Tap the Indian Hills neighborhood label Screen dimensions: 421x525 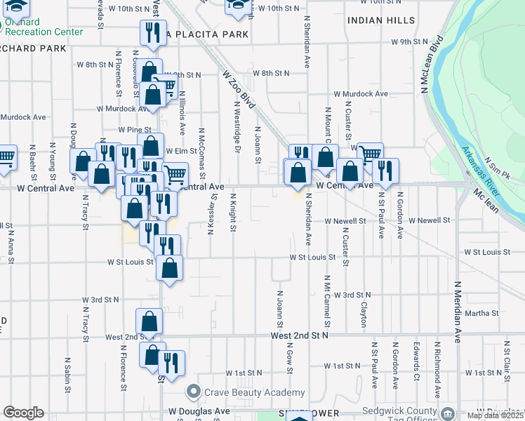coord(380,20)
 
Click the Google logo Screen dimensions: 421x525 coord(23,412)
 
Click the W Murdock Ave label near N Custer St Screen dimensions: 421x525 coord(360,93)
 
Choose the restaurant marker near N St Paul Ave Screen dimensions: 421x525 coord(384,170)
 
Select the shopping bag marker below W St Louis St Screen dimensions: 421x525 coord(170,267)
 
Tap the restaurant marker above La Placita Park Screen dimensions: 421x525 coord(152,32)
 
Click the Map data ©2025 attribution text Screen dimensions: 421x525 coord(496,416)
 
